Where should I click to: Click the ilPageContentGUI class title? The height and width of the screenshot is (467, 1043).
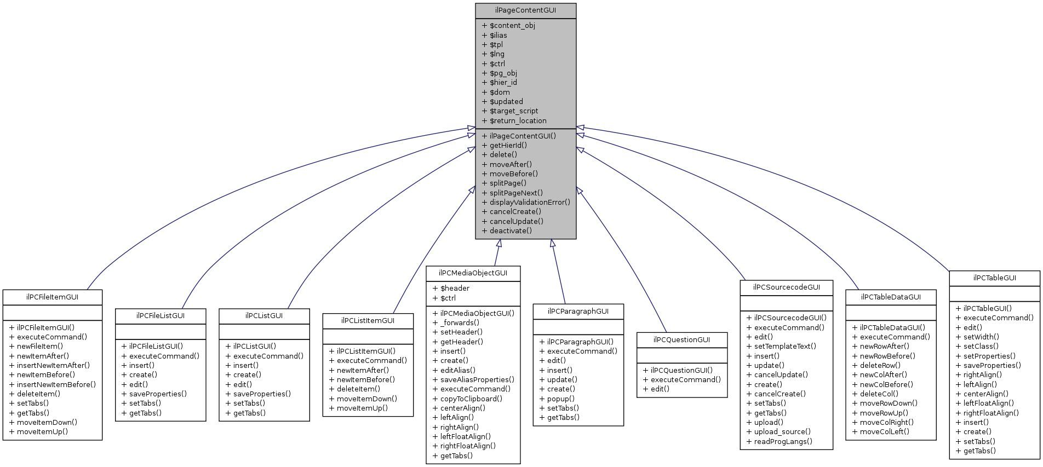coord(525,10)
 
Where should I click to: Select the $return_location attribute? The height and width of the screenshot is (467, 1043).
coord(518,120)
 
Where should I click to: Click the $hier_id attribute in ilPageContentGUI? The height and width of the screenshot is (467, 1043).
coord(503,83)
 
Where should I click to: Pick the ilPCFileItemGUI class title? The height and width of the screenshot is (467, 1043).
coord(52,297)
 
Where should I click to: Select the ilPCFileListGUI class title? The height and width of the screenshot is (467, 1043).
coord(160,316)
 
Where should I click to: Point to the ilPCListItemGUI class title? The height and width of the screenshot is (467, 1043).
coord(368,321)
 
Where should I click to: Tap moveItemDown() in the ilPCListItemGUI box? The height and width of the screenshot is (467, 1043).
coord(366,399)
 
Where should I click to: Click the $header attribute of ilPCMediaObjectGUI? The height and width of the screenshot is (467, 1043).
coord(455,289)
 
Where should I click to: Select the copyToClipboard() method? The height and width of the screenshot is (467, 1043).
coord(471,399)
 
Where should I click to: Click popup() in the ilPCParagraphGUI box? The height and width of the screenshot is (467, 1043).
coord(560,399)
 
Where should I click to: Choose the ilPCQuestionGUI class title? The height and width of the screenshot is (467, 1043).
coord(681,340)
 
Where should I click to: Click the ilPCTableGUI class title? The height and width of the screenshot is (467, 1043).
coord(994,278)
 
